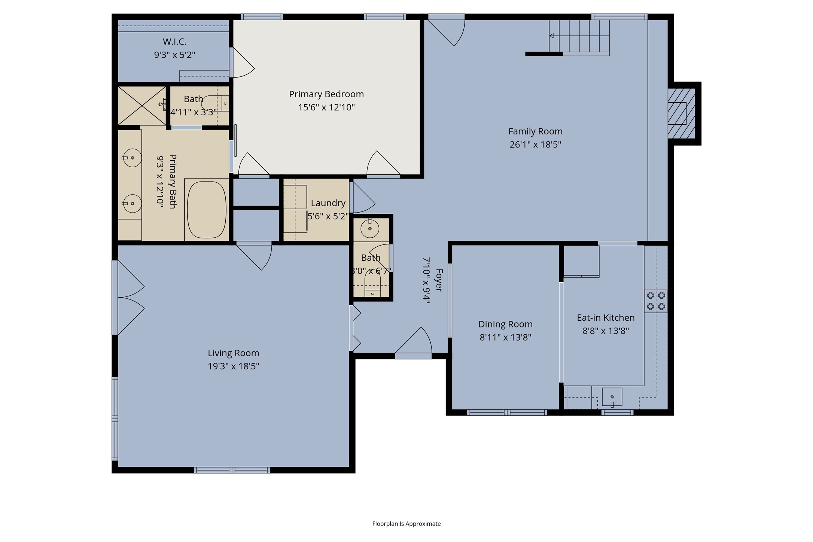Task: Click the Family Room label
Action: pos(535,131)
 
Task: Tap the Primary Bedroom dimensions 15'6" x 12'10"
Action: pos(326,107)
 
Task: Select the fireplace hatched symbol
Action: pos(682,113)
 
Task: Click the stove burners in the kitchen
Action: pos(656,301)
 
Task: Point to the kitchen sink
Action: pos(612,397)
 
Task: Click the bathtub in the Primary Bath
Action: pos(207,210)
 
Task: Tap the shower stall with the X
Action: pos(142,106)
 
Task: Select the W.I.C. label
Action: pos(174,42)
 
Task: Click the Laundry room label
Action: pos(328,203)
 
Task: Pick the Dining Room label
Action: pos(505,324)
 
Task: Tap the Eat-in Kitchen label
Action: pos(606,318)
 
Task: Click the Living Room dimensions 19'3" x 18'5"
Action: pos(234,366)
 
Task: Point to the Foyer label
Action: pos(439,280)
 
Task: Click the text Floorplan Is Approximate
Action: pos(406,524)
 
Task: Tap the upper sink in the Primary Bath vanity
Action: pos(132,158)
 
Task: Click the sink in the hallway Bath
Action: pos(370,228)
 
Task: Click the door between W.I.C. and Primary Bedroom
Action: pos(243,63)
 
